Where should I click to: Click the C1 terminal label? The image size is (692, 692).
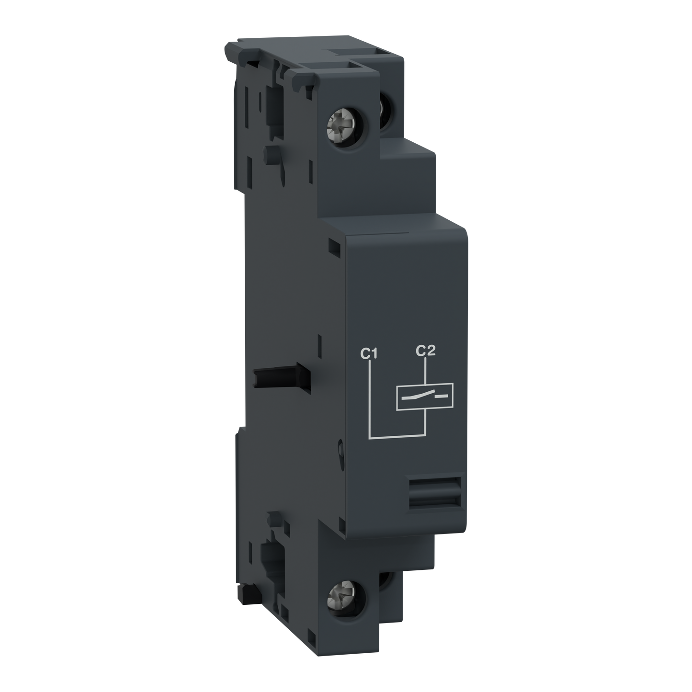(369, 355)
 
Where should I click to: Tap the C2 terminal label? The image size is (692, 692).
(425, 352)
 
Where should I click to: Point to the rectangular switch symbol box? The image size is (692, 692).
(422, 397)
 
